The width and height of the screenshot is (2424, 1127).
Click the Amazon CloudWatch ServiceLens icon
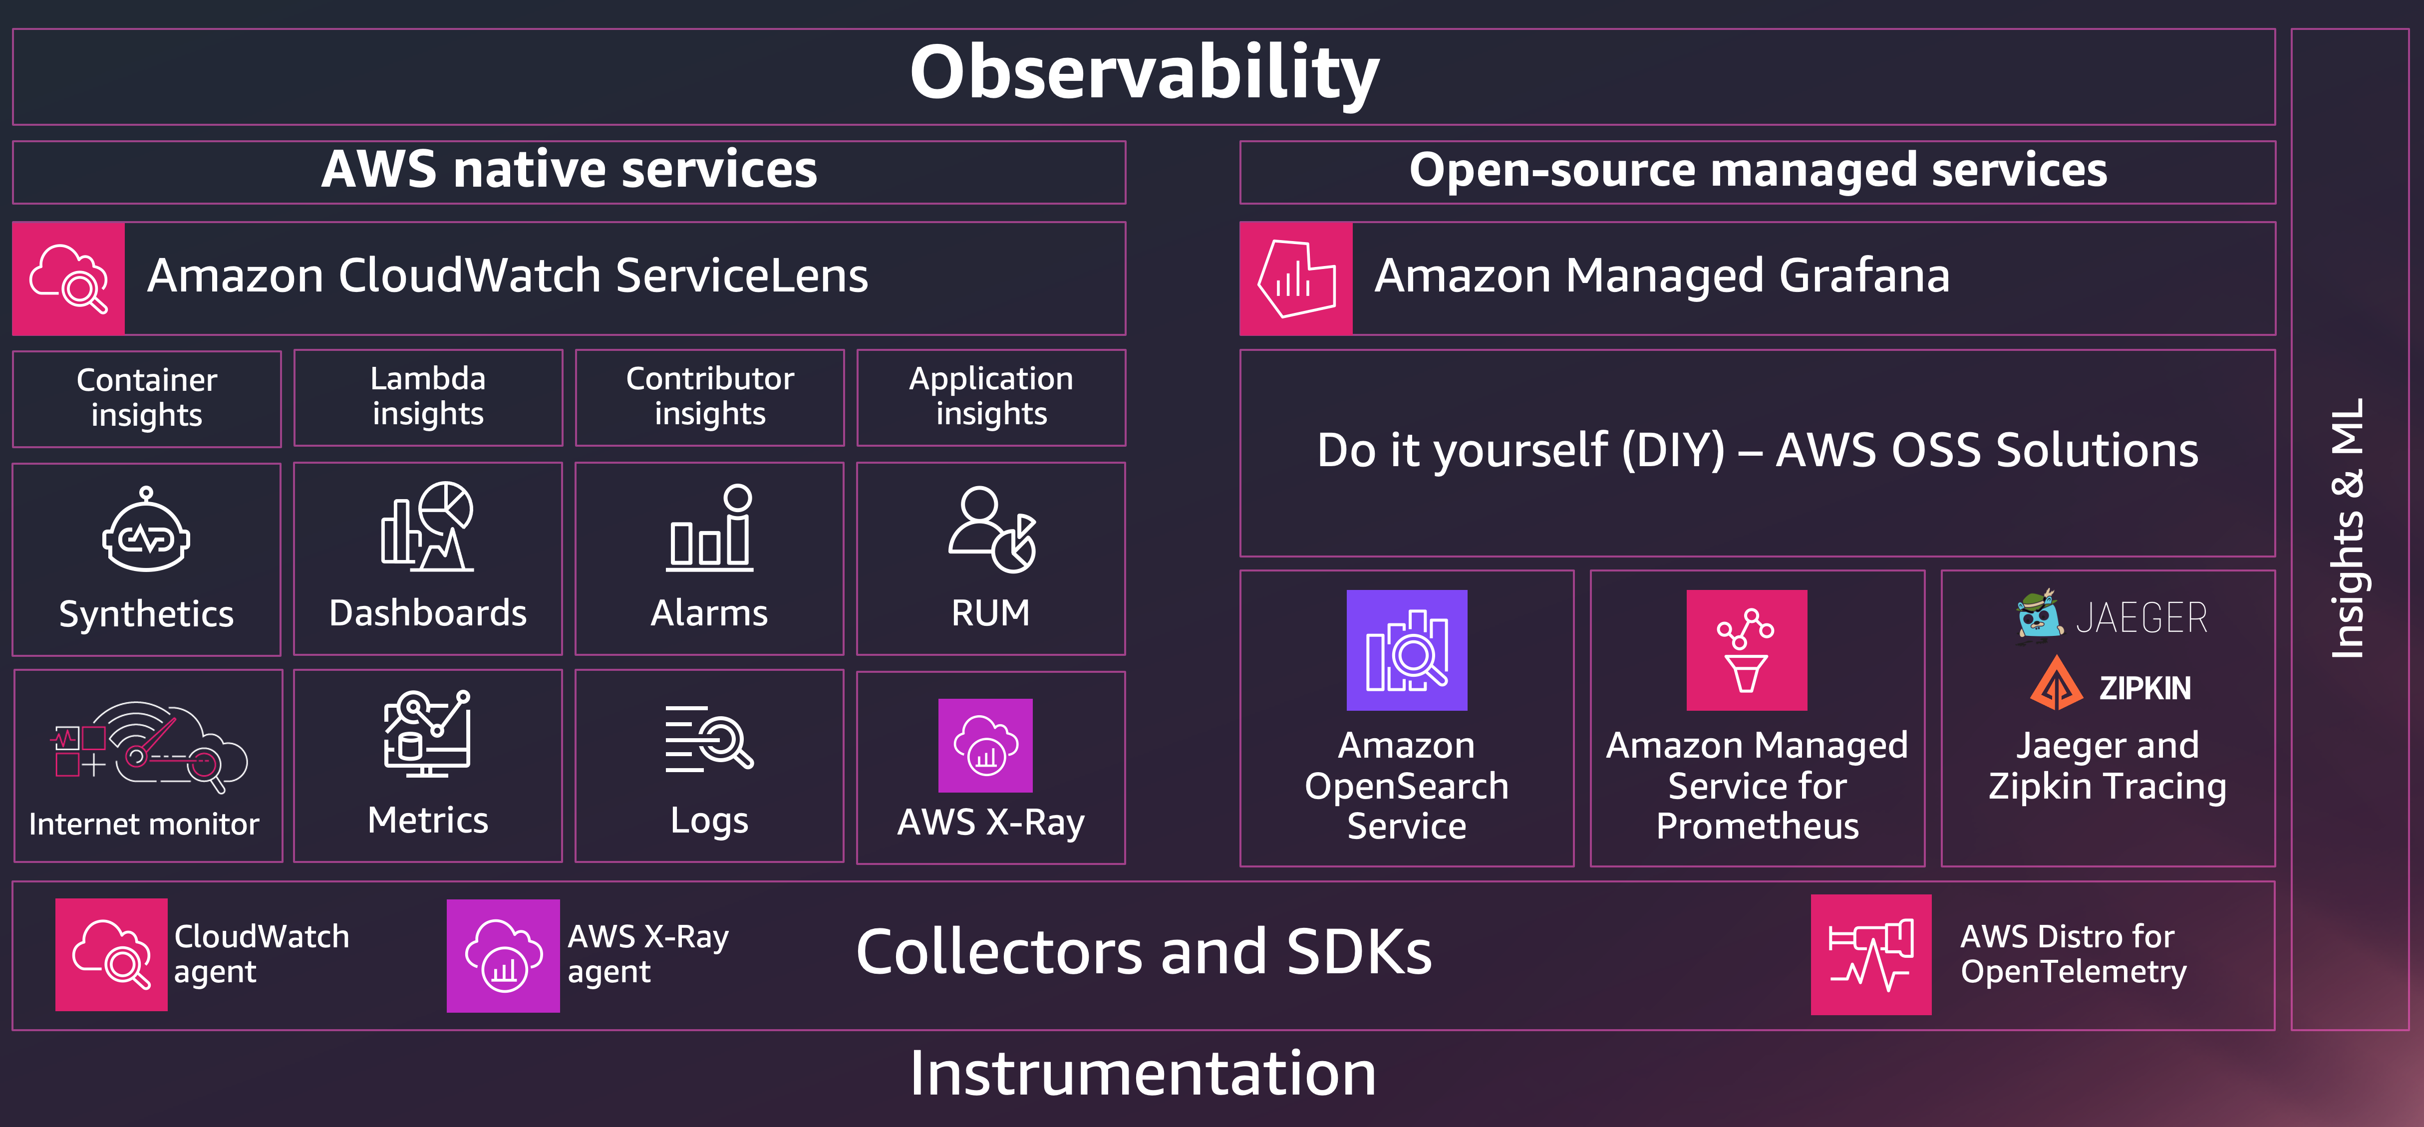pos(69,279)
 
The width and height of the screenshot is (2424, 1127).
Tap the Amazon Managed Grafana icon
pos(1296,279)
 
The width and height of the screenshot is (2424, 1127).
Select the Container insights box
pos(147,398)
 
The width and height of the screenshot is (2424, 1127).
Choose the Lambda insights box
pos(428,397)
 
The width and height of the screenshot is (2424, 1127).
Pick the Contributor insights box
pos(709,397)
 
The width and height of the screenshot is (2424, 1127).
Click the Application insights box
pos(991,397)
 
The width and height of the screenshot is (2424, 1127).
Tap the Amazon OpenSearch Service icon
pos(1407,650)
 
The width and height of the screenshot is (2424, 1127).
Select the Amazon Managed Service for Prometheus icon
pos(1747,650)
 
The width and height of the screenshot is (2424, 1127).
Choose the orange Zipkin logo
pos(2056,684)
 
